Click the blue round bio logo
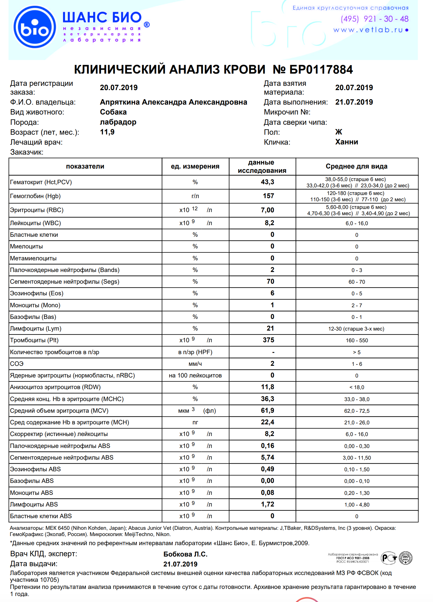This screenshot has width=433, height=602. click(35, 27)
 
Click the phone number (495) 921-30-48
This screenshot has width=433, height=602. click(374, 19)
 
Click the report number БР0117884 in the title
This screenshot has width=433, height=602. click(321, 70)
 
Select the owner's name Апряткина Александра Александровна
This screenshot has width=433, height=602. click(173, 102)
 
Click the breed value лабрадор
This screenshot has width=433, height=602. click(118, 122)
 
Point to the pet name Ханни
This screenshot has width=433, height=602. click(346, 142)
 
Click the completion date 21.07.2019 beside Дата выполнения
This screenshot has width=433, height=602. click(354, 102)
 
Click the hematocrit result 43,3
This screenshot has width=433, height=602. click(267, 182)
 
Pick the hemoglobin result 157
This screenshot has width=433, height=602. click(268, 196)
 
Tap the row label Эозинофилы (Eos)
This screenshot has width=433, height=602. click(37, 293)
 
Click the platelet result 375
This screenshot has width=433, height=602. click(268, 340)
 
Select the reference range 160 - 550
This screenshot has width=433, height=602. click(356, 341)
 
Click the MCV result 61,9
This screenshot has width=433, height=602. click(267, 410)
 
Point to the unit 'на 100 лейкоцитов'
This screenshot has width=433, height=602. click(195, 375)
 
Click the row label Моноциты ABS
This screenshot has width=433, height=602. click(32, 493)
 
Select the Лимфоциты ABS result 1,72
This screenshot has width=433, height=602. click(267, 504)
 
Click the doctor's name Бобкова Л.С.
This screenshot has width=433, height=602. click(185, 554)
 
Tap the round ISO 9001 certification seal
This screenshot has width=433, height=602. click(405, 558)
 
